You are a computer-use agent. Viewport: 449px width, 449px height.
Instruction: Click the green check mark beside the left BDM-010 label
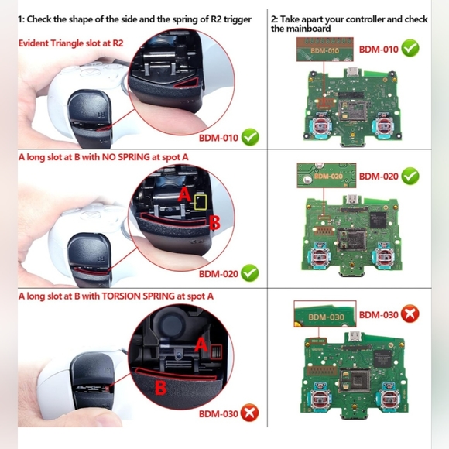250,139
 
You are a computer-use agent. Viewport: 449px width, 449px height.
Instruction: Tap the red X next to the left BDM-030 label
250,413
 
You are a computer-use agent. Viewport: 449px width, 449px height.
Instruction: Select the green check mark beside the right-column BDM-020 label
410,177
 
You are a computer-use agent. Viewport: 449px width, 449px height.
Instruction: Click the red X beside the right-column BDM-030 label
410,314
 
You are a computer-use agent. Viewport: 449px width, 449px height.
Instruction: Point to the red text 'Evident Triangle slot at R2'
70,43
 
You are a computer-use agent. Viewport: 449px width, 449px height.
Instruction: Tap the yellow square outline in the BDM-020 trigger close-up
201,202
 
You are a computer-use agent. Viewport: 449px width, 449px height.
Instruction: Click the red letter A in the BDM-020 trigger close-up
185,195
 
